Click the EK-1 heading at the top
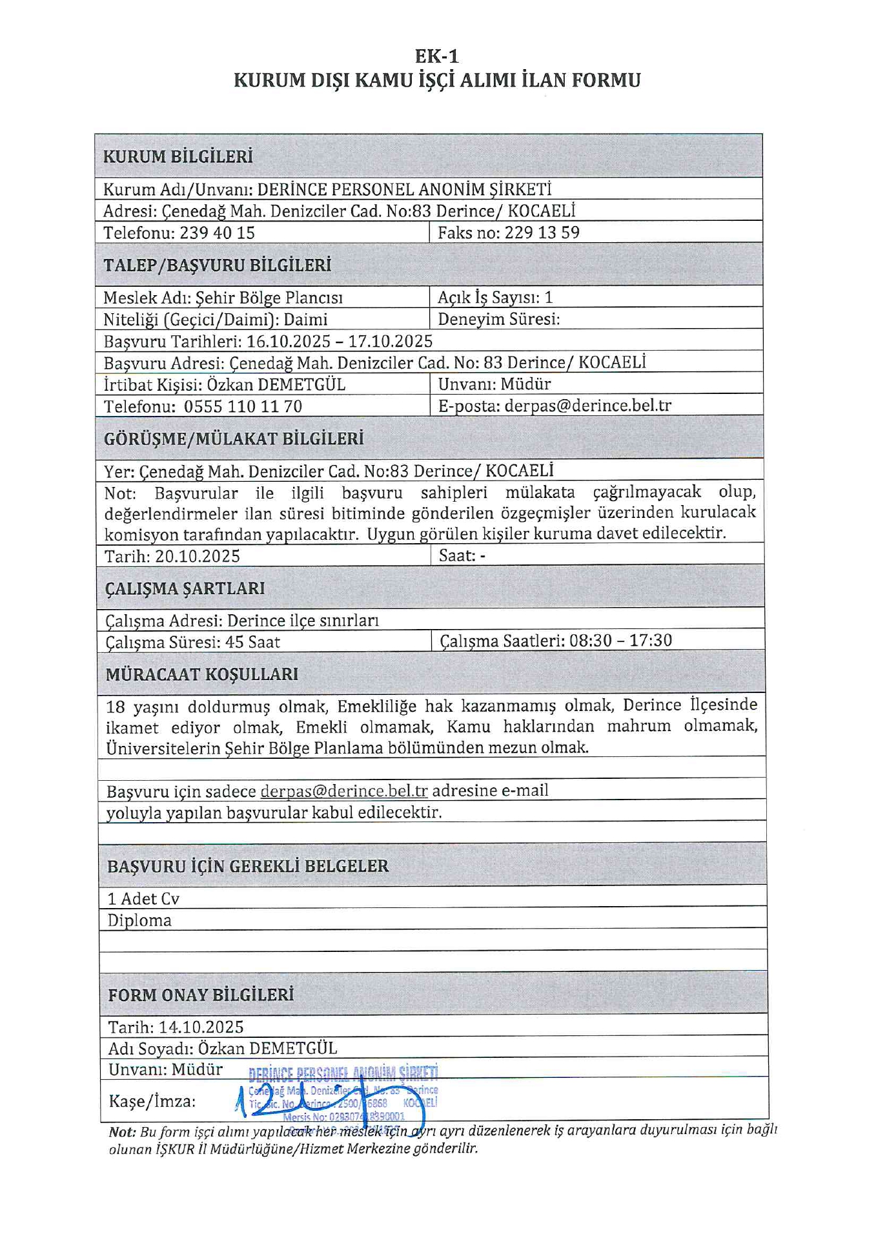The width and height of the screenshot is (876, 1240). tap(437, 56)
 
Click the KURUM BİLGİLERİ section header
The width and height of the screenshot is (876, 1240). tap(178, 156)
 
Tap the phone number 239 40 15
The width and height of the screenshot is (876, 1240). tap(217, 232)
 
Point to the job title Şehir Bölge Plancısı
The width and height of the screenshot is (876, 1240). tap(269, 298)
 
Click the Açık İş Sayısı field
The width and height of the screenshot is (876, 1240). tap(495, 297)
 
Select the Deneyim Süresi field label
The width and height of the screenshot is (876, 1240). tap(498, 319)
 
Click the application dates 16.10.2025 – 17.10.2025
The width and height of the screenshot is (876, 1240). tap(340, 341)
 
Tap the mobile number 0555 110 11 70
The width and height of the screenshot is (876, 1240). tap(243, 406)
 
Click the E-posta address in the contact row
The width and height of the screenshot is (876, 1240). tap(587, 406)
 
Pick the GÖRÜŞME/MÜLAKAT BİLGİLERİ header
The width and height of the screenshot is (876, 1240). tap(234, 439)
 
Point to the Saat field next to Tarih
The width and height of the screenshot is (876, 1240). tap(462, 555)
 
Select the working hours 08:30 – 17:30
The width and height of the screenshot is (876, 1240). tap(620, 641)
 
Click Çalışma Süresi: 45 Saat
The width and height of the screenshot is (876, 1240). tap(193, 642)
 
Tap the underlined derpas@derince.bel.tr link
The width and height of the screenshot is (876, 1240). tap(344, 791)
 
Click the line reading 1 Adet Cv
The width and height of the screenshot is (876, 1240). tap(143, 899)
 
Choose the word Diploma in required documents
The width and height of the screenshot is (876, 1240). tap(139, 920)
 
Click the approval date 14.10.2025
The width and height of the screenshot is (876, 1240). tap(201, 1027)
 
